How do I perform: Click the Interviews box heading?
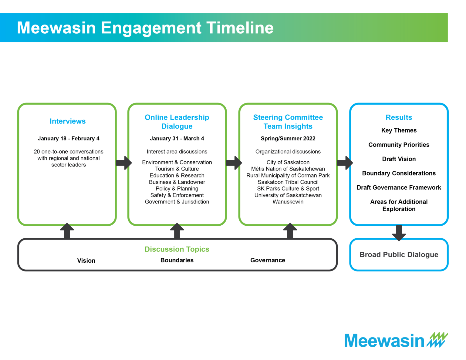pyautogui.click(x=67, y=121)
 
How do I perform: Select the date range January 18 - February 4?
pyautogui.click(x=69, y=139)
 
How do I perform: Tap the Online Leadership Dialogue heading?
pyautogui.click(x=177, y=122)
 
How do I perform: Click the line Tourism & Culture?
pyautogui.click(x=177, y=169)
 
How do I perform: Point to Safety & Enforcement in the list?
pyautogui.click(x=177, y=195)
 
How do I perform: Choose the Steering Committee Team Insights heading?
pyautogui.click(x=288, y=122)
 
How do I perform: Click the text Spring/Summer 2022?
pyautogui.click(x=288, y=139)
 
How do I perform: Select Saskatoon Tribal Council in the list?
pyautogui.click(x=288, y=182)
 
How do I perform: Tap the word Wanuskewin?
pyautogui.click(x=288, y=202)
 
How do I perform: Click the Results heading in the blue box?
pyautogui.click(x=399, y=117)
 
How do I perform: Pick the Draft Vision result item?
pyautogui.click(x=399, y=159)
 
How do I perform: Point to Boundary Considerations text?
pyautogui.click(x=399, y=173)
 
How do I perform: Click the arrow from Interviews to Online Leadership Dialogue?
pyautogui.click(x=123, y=163)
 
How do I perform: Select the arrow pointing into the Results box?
pyautogui.click(x=345, y=163)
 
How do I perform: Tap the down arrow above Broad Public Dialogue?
pyautogui.click(x=399, y=233)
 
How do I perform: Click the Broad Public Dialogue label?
pyautogui.click(x=399, y=255)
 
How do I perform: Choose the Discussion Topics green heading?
pyautogui.click(x=177, y=249)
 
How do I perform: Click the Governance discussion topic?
pyautogui.click(x=268, y=261)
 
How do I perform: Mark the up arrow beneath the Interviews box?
pyautogui.click(x=67, y=231)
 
